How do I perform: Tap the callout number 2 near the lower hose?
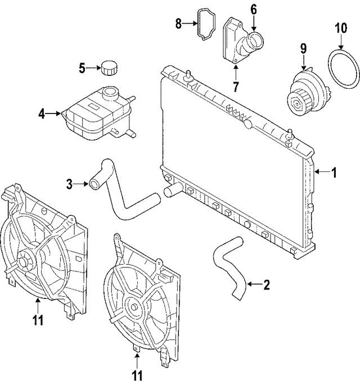click(x=266, y=286)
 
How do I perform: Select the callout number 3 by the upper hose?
click(x=69, y=184)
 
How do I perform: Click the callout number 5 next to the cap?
click(x=82, y=69)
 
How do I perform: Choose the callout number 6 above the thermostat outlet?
click(x=253, y=10)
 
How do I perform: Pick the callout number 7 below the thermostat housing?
click(x=235, y=87)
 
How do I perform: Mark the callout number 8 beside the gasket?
click(x=178, y=24)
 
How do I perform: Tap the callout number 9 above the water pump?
click(x=303, y=48)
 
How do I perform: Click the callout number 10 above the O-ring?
click(x=340, y=27)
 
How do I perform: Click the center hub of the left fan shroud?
click(x=25, y=262)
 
